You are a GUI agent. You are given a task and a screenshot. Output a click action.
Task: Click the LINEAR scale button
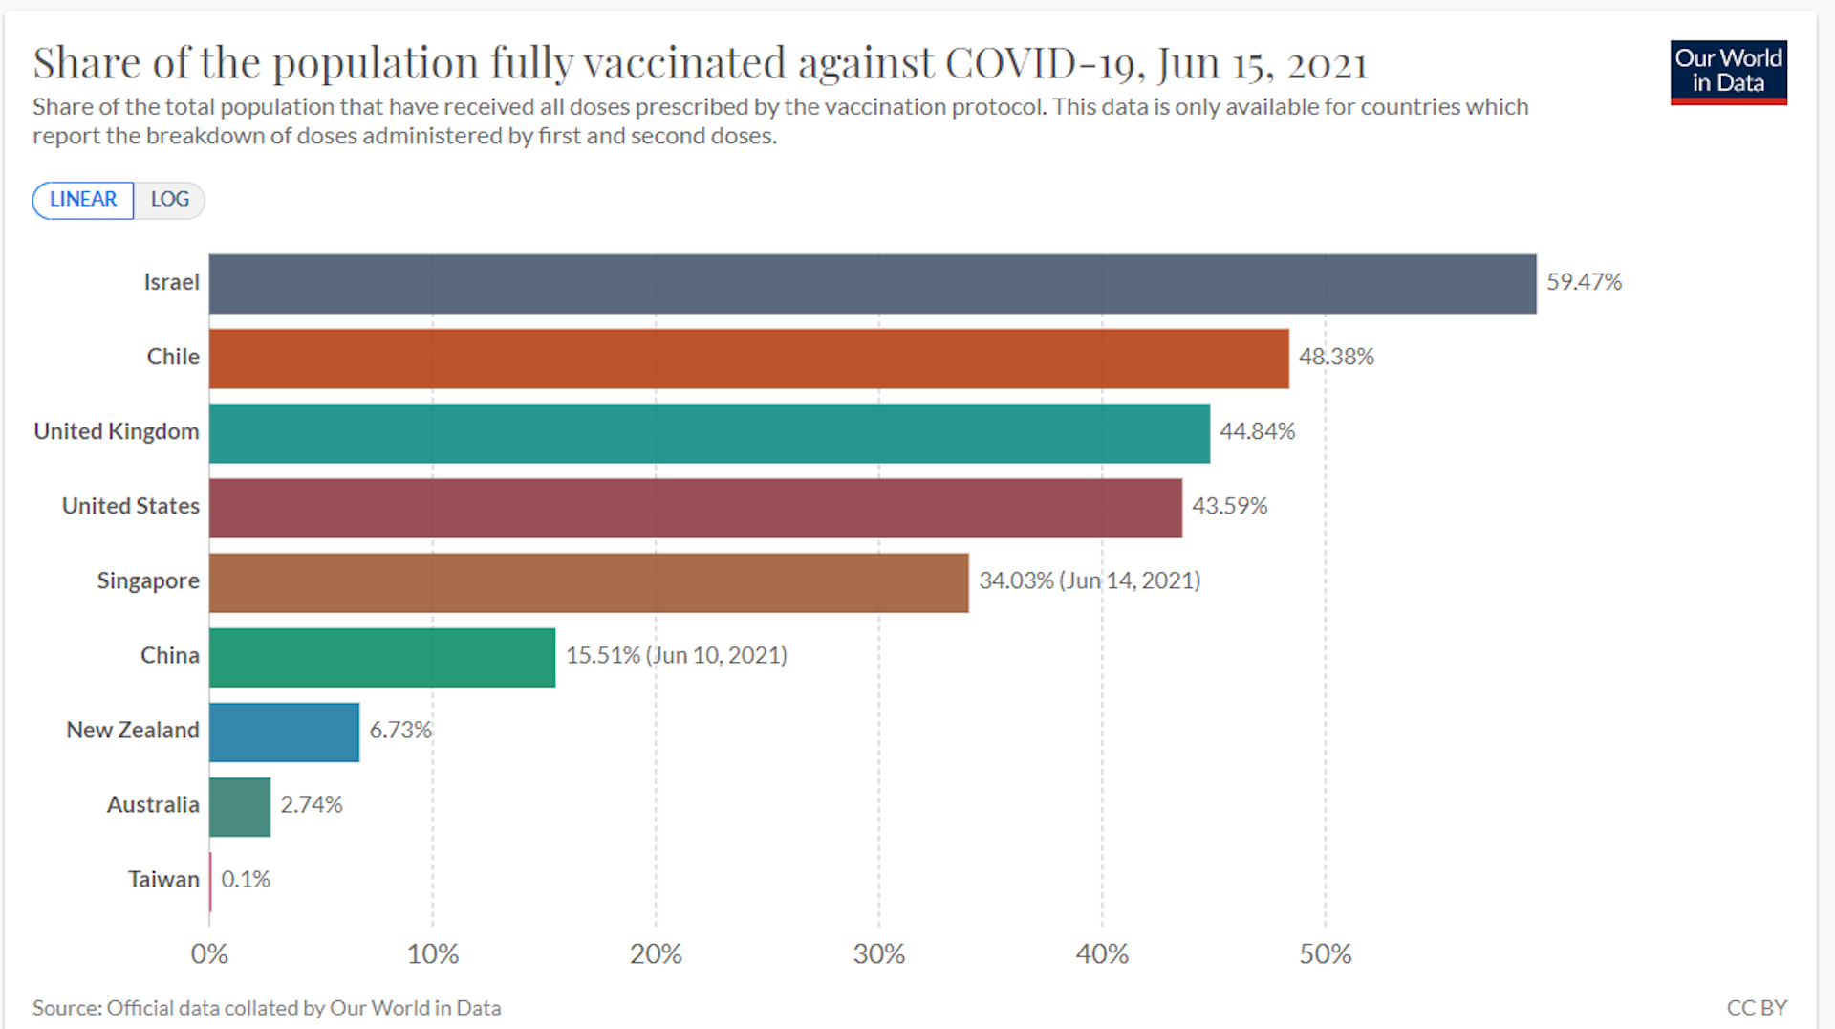point(83,200)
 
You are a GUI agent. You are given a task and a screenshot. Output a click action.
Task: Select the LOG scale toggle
point(169,200)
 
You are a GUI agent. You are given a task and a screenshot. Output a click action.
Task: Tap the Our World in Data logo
point(1728,72)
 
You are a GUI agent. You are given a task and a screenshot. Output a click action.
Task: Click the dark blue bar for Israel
point(872,284)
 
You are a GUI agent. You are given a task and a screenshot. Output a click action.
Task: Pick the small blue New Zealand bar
point(284,733)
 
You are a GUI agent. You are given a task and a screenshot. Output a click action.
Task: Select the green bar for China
point(382,658)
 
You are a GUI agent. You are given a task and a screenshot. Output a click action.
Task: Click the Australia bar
point(240,807)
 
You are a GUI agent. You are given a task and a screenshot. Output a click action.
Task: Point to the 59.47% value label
point(1584,282)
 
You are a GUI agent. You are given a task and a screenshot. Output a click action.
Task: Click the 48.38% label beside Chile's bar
point(1335,357)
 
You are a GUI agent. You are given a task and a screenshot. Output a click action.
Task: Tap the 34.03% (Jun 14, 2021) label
point(1089,580)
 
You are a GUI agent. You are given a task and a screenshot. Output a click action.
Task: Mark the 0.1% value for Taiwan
point(246,879)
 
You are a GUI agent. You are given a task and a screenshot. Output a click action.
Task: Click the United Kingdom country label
point(117,431)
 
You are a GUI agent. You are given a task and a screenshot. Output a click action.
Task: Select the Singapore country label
point(148,580)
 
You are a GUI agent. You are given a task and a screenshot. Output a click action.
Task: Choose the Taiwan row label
point(163,879)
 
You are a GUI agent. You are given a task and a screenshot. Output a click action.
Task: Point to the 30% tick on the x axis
point(878,953)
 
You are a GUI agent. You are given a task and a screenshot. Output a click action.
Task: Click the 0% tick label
point(209,953)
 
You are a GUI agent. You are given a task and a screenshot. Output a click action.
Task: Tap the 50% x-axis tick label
point(1325,953)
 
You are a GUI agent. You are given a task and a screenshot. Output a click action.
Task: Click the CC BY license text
point(1756,1007)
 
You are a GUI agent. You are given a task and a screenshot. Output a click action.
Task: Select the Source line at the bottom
point(267,1007)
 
